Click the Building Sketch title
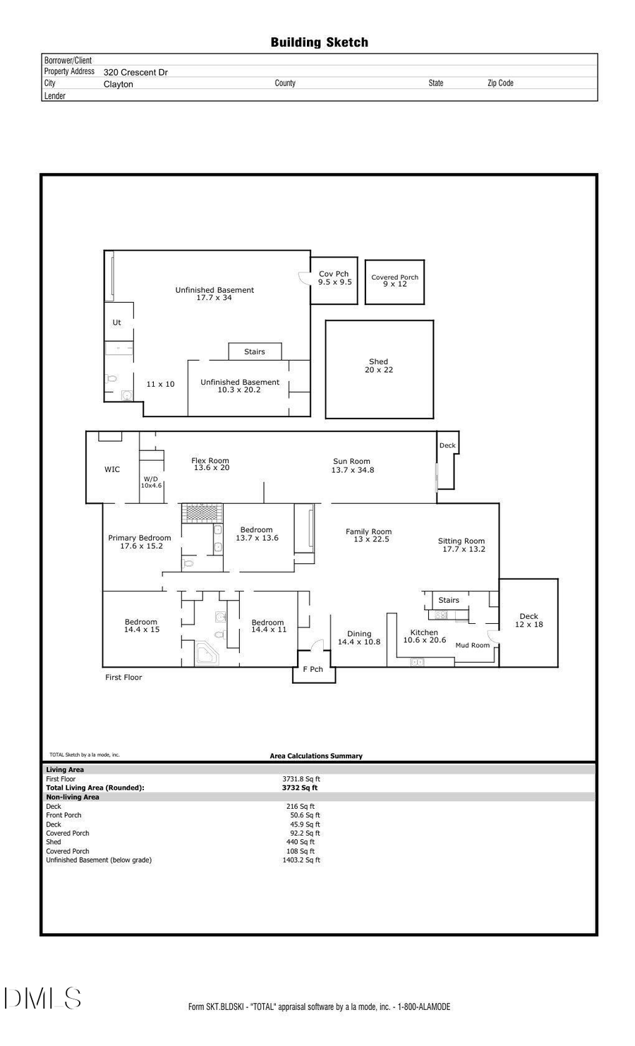tap(319, 43)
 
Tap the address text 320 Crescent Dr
tap(135, 72)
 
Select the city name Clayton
tap(118, 84)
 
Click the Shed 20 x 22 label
tap(379, 366)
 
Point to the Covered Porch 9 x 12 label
tap(394, 280)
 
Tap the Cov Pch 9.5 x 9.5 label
tap(334, 278)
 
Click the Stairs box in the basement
tap(255, 351)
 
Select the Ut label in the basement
tap(116, 323)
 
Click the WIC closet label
tap(112, 469)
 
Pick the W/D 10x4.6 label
tap(151, 482)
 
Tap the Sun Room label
tap(352, 465)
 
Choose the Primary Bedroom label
tap(140, 541)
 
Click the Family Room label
tap(369, 535)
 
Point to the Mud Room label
tap(472, 645)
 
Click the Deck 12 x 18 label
tap(528, 620)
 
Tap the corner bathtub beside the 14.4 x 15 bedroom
tap(207, 654)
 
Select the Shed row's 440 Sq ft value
tap(301, 842)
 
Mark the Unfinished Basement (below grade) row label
tap(99, 860)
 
